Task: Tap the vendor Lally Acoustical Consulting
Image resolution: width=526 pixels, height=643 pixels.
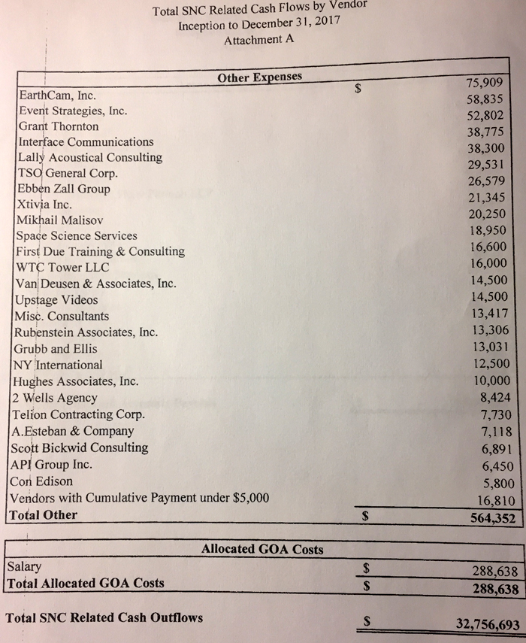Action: (89, 157)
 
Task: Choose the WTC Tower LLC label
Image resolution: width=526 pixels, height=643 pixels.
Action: (62, 268)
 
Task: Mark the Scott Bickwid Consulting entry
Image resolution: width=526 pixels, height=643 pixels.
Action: (80, 447)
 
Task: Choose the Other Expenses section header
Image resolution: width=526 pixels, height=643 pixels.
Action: (259, 77)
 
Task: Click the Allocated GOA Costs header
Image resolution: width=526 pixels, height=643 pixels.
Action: (262, 550)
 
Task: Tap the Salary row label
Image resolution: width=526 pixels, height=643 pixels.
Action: (24, 566)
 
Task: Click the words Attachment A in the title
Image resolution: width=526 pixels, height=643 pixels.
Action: (258, 41)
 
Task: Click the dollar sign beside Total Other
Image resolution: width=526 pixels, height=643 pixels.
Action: (366, 517)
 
